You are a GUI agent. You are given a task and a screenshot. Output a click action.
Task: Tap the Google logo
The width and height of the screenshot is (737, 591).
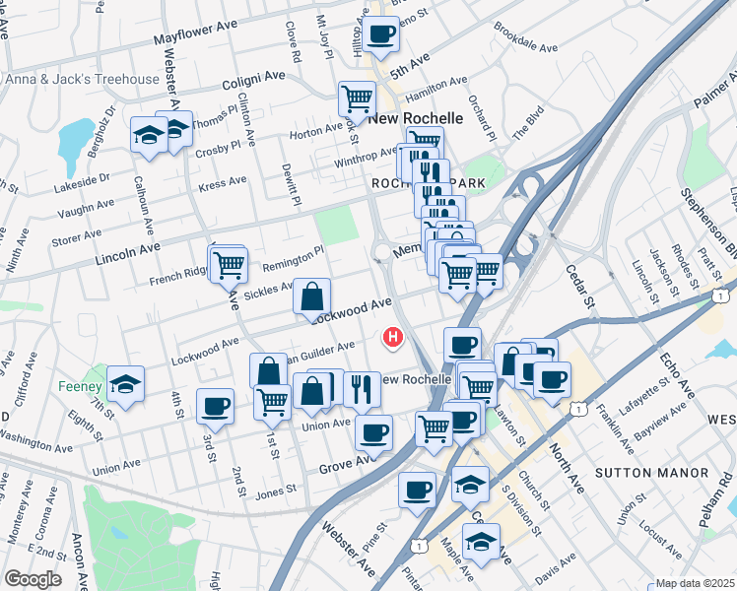point(33,578)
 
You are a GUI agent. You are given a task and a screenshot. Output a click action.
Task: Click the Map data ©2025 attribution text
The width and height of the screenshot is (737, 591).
point(694,583)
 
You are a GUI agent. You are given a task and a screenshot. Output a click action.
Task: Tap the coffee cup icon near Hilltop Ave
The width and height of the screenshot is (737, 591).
point(380,33)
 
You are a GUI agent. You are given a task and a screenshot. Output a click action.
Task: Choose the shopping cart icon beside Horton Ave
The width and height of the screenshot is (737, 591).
point(357,97)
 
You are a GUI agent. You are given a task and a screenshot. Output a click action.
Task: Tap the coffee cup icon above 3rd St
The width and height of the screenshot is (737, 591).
point(215,405)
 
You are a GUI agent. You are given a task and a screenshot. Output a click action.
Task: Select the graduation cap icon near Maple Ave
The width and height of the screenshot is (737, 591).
point(481,542)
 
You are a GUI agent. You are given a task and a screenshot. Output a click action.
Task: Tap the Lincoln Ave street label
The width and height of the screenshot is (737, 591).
point(128,254)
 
